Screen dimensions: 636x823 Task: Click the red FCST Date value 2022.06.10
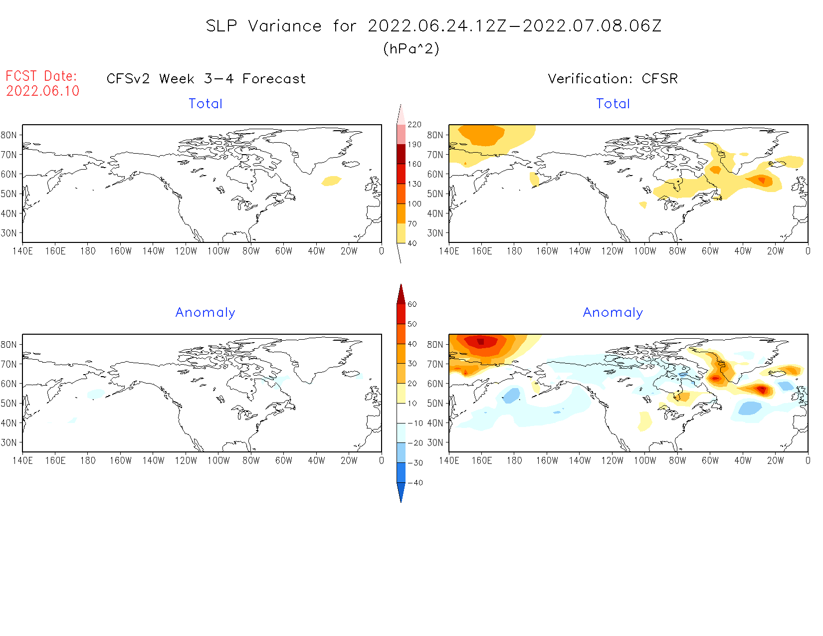coord(43,91)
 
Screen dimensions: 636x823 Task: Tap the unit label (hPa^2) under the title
coord(411,48)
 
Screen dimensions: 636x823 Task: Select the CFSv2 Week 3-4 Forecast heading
coord(206,79)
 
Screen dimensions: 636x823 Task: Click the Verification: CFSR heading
coord(613,79)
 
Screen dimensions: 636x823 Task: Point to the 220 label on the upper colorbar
coord(414,125)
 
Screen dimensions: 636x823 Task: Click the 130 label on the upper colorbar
coord(414,184)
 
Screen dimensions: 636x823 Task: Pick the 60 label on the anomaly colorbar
coord(412,304)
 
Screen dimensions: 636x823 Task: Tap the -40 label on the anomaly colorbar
coord(415,483)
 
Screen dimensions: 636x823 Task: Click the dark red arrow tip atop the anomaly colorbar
coord(401,292)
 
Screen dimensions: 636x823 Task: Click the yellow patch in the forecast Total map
coord(331,181)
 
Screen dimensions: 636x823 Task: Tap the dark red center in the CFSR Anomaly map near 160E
coord(480,342)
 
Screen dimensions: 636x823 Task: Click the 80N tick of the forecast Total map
coord(9,135)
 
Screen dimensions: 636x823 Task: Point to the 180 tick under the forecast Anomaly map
coord(88,460)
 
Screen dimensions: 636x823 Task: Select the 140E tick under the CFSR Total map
coord(449,251)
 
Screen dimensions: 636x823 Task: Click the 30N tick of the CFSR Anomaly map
coord(435,442)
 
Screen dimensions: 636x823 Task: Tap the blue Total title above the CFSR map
coord(613,104)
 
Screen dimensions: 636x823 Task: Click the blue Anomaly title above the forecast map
coord(205,312)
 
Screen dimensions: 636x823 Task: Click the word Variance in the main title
coord(285,26)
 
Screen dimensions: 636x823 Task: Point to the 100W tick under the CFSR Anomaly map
coord(644,460)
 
